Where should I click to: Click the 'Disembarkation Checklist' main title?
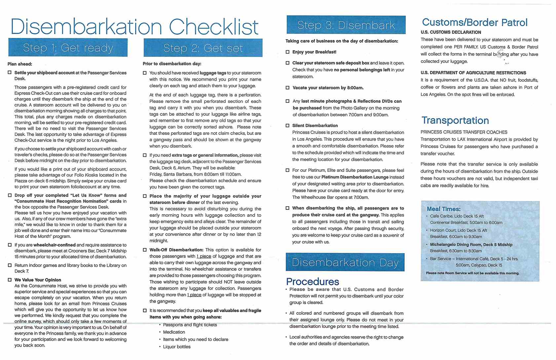134,26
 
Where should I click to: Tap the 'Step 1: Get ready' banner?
68,48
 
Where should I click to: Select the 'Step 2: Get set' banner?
203,48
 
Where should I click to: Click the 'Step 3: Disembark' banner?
346,25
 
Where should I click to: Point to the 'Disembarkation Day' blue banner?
345,262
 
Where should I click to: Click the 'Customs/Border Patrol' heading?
474,22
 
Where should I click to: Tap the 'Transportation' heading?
455,120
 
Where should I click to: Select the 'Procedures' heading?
312,282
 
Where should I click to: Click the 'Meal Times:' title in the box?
443,209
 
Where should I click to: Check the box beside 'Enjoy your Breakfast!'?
287,52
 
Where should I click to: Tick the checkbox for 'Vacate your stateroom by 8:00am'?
287,88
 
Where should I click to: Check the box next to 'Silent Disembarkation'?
287,126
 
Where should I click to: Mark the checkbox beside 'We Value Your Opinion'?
10,280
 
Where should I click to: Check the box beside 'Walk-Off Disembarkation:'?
145,250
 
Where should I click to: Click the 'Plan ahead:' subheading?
20,64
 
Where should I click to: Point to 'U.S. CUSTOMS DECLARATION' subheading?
451,32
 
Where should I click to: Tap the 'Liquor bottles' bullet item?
176,347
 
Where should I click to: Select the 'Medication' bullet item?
174,332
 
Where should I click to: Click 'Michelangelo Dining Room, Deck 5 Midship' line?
471,245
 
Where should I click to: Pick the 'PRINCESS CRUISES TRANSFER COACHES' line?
464,132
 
